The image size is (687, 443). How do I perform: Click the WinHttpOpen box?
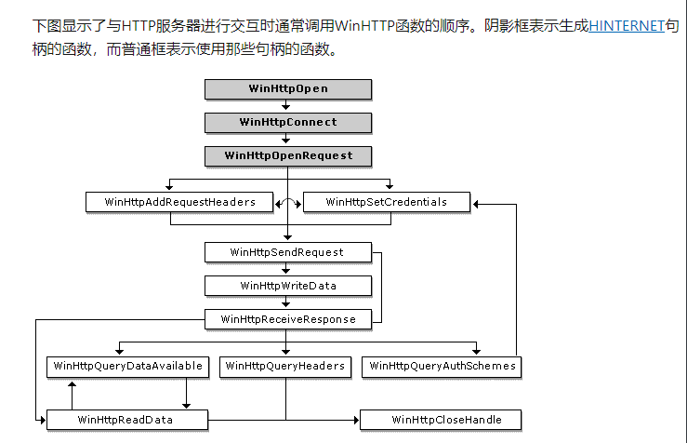288,89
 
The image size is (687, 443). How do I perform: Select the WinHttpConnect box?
288,122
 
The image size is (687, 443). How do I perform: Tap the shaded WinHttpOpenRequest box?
288,155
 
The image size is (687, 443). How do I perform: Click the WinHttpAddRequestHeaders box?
180,202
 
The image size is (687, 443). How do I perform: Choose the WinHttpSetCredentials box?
387,202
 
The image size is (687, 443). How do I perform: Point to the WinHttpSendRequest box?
287,252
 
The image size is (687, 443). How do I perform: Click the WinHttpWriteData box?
287,286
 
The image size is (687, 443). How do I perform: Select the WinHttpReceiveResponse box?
288,319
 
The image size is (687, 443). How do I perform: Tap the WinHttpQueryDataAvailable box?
128,367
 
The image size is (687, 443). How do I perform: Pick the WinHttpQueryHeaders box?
285,367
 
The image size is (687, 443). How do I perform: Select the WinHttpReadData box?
126,421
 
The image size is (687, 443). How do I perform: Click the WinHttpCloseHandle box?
441,421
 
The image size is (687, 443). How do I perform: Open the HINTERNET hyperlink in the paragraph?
627,26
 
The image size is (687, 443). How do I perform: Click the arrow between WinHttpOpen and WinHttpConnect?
287,106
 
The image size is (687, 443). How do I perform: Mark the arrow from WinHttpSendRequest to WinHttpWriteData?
287,269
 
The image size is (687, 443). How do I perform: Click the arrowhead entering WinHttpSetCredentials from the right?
476,202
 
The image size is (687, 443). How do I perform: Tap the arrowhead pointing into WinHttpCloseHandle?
355,421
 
